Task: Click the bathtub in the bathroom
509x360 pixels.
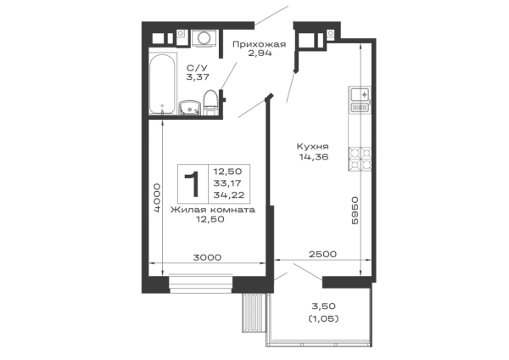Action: click(x=163, y=83)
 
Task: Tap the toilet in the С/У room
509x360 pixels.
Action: click(x=210, y=102)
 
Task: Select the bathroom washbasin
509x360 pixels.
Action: click(x=189, y=108)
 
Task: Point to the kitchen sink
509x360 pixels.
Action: click(x=360, y=99)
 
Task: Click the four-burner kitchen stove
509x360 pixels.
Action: click(x=360, y=159)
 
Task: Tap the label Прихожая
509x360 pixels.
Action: click(x=259, y=44)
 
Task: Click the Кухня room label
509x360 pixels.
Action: click(x=312, y=147)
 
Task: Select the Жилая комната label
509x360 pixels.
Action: click(x=213, y=210)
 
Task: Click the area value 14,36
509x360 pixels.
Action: click(x=314, y=157)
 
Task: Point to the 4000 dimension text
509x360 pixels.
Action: click(x=157, y=198)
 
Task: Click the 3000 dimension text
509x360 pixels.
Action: click(x=207, y=257)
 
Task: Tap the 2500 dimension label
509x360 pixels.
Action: click(x=322, y=254)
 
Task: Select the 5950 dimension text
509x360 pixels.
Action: click(x=355, y=211)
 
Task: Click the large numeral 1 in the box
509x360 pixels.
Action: click(x=193, y=184)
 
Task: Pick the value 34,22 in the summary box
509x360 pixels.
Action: click(x=229, y=195)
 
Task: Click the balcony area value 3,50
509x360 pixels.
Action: click(x=324, y=306)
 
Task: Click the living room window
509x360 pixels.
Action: click(x=201, y=284)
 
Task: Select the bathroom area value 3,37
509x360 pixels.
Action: click(x=198, y=77)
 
